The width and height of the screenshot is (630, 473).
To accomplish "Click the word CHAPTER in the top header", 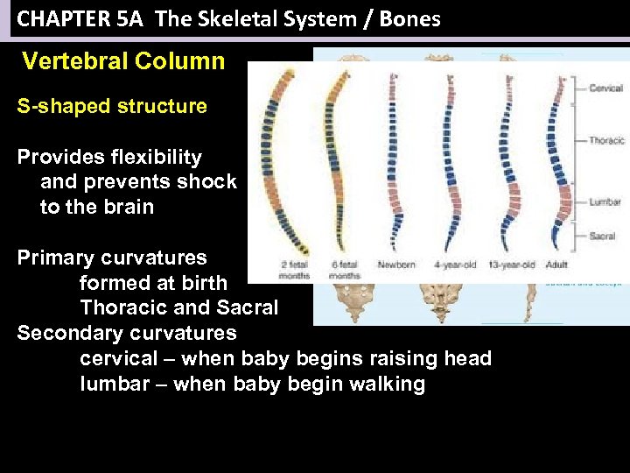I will click(x=56, y=18).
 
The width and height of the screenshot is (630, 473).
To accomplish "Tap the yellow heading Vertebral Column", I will click(x=123, y=61).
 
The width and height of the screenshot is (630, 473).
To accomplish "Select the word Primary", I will click(x=55, y=258).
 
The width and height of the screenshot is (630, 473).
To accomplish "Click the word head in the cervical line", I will click(x=469, y=358).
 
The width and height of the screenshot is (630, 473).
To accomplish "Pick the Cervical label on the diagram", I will click(x=605, y=88).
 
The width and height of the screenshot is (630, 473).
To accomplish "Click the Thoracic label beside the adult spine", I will click(x=606, y=140).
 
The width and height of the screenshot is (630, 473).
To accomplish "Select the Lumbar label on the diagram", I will click(x=605, y=202).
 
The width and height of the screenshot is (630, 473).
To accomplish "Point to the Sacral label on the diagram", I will click(x=602, y=236).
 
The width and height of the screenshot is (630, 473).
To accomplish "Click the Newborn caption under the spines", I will click(x=395, y=265).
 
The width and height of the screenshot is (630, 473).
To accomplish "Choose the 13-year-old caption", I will click(x=510, y=265).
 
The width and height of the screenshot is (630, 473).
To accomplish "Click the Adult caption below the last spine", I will click(x=556, y=265).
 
